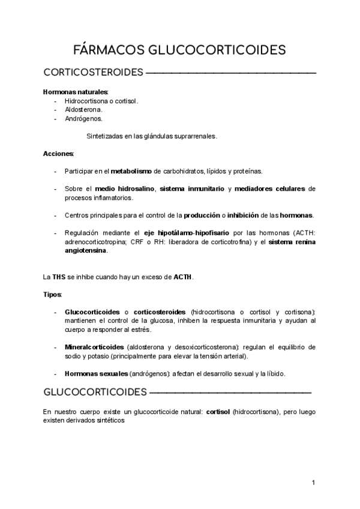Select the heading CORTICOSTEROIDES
tap(93, 73)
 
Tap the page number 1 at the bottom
tap(313, 482)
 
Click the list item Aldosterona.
tap(83, 110)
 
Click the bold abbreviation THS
tap(58, 277)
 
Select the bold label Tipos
tap(52, 294)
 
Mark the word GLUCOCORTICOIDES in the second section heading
tap(95, 393)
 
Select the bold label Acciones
tap(58, 154)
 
